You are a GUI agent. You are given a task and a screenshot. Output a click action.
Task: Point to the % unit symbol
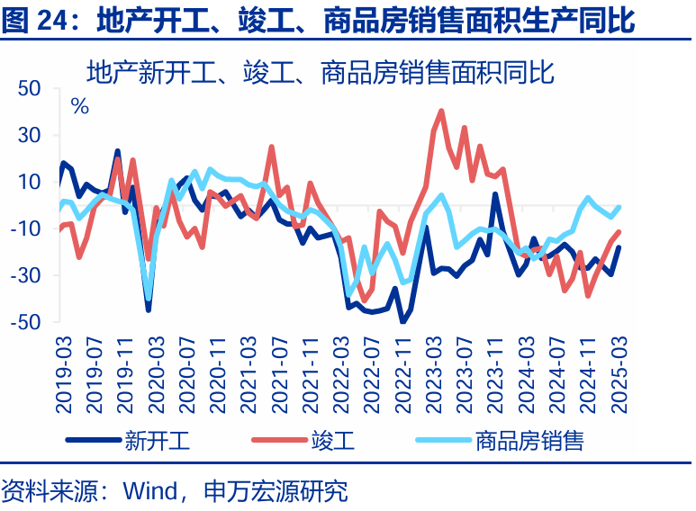[x=80, y=105]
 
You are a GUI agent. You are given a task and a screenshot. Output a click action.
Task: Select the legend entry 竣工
[x=333, y=441]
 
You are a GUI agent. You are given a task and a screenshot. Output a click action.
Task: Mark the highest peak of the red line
[x=441, y=111]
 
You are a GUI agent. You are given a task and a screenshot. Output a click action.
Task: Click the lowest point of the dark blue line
[x=402, y=321]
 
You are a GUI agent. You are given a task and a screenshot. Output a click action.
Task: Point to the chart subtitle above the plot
[x=320, y=70]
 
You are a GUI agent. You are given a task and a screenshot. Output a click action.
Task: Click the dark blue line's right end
[x=619, y=247]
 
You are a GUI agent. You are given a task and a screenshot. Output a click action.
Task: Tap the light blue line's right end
[x=619, y=207]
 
